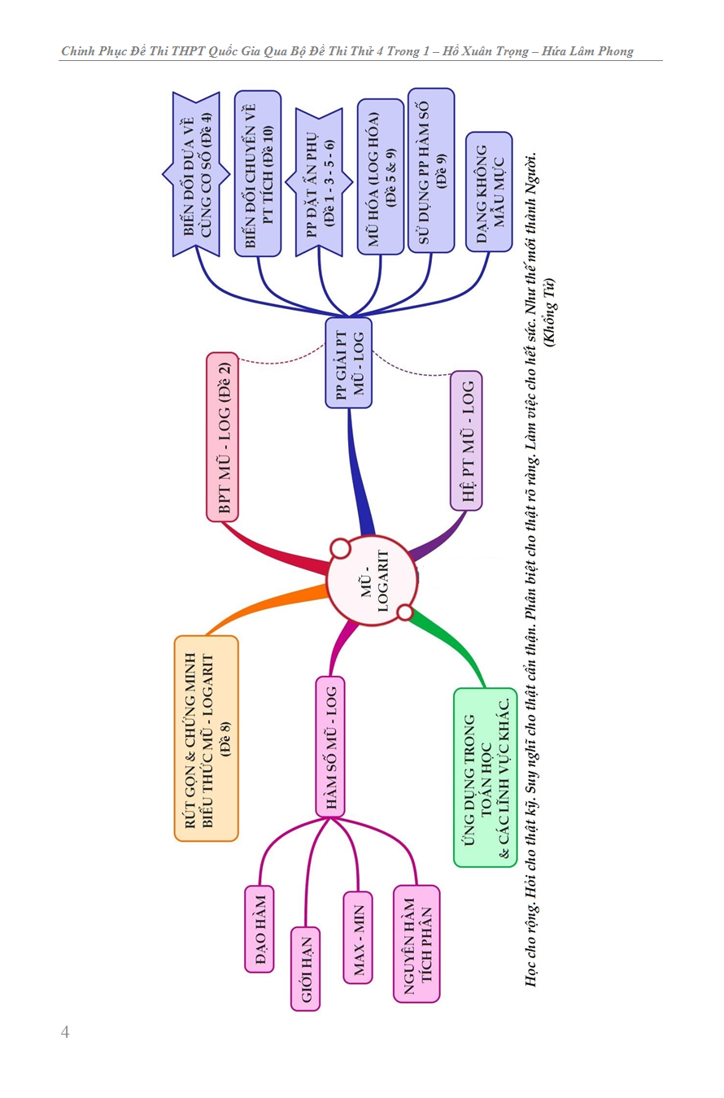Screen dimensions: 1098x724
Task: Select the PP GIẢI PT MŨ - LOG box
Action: click(x=348, y=363)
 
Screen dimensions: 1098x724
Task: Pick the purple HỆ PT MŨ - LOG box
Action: click(x=466, y=440)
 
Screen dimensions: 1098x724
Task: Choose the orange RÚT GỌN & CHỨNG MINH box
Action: click(x=207, y=738)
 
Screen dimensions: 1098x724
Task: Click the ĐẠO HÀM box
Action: click(x=260, y=928)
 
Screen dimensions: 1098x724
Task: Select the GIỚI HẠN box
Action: click(x=306, y=968)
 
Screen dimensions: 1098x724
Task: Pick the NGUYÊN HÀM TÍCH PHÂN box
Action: click(x=416, y=943)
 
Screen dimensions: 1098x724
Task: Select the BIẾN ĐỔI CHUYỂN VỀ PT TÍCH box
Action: click(x=258, y=173)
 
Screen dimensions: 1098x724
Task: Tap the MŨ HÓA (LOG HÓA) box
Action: click(x=381, y=176)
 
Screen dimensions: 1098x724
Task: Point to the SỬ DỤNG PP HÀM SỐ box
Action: click(x=431, y=171)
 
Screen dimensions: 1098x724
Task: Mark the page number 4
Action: click(x=65, y=1032)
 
